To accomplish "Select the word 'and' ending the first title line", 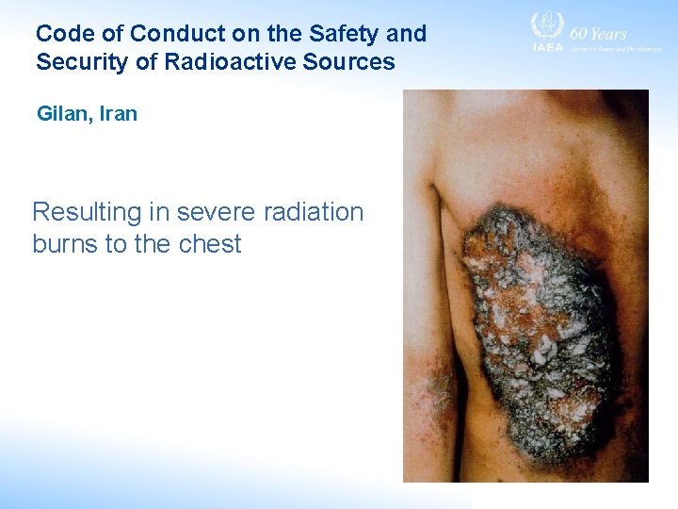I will click(407, 35).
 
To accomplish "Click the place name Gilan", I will click(59, 114).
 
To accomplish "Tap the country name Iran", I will click(117, 114).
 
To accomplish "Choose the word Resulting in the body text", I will click(86, 212).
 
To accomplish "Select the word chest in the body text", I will click(209, 244).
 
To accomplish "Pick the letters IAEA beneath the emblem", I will click(547, 47).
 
